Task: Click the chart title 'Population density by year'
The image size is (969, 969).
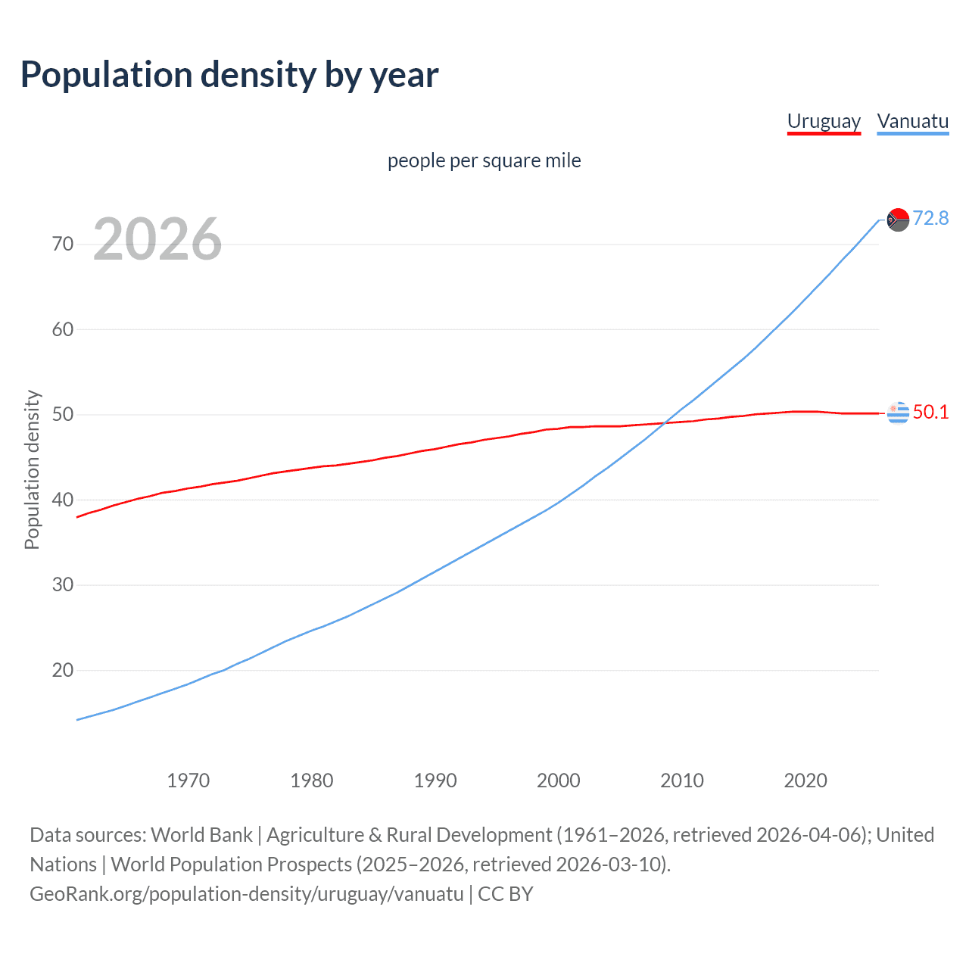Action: pos(229,75)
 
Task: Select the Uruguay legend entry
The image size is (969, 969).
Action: pos(824,121)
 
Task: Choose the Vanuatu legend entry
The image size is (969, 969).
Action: pos(912,121)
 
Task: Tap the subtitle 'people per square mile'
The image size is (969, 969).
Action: pos(484,160)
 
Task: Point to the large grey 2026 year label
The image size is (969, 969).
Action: pos(157,239)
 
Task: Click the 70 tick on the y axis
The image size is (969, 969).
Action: pos(63,244)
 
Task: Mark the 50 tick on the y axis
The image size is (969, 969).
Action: pos(63,414)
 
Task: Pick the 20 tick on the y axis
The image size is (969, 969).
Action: pos(63,670)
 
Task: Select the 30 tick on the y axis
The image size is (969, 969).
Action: pos(63,584)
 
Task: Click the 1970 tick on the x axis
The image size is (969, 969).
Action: pos(188,780)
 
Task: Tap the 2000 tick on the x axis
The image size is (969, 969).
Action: pos(558,780)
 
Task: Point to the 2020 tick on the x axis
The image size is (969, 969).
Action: pos(805,780)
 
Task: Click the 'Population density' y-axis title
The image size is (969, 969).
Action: pos(32,469)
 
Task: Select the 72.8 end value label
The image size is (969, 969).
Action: pos(930,218)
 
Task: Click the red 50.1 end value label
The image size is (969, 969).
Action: pos(930,412)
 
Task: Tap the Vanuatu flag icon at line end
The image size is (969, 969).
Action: pos(898,220)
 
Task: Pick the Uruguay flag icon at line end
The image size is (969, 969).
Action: pos(898,413)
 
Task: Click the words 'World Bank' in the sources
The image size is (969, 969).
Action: pos(201,835)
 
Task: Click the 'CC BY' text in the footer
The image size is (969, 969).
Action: pos(506,894)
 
